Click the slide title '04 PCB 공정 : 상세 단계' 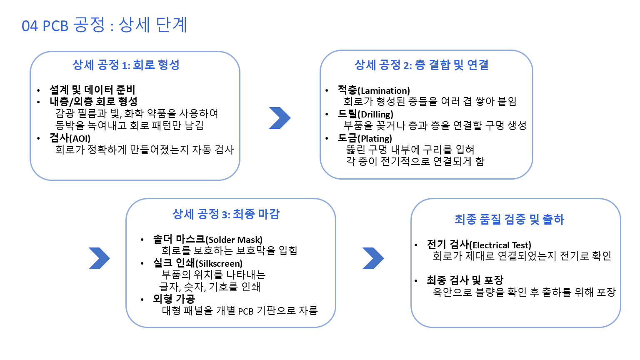point(104,25)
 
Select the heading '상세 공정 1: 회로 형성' point(126,65)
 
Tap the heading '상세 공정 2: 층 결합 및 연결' point(421,65)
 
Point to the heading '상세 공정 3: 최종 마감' point(226,214)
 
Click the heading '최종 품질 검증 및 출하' point(509,219)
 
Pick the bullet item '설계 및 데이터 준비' point(92,90)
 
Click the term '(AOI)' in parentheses point(80,138)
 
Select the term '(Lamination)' point(384,91)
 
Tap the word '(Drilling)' point(375,115)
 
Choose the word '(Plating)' point(375,139)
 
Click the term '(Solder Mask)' point(234,240)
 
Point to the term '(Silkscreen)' point(219,264)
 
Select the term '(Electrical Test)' point(500,245)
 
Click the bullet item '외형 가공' point(174,299)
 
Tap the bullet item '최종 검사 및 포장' point(465,280)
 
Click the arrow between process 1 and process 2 point(279,118)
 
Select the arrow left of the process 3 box point(99,258)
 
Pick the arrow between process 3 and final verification point(373,258)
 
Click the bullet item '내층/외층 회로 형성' point(93,101)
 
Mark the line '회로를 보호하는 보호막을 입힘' point(229,250)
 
